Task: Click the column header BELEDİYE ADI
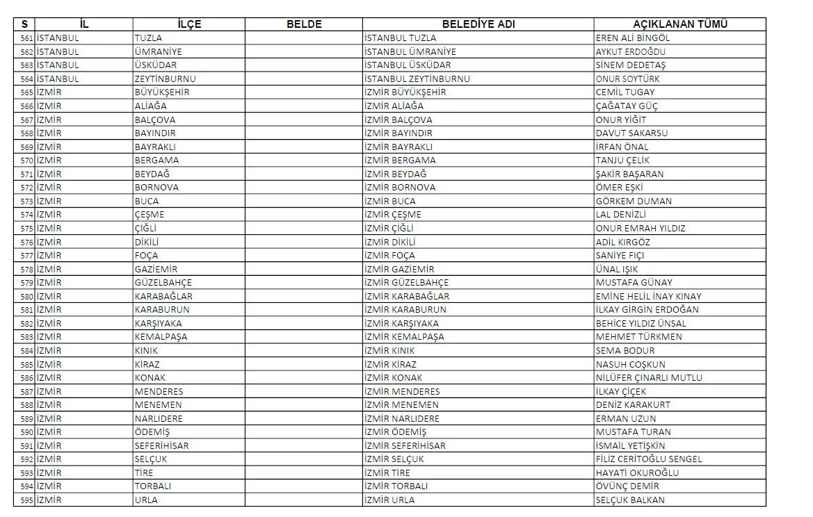pos(478,24)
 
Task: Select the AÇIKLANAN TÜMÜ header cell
pos(679,24)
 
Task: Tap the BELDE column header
pos(304,24)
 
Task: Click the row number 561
pos(27,38)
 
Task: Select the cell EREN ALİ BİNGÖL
pos(633,38)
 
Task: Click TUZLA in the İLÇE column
pos(148,38)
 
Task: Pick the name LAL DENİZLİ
pos(621,215)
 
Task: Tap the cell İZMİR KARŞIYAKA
pos(401,323)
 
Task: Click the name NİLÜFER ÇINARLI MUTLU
pos(649,378)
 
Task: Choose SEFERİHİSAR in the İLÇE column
pos(161,445)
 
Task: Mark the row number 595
pos(27,500)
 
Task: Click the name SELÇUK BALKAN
pos(630,500)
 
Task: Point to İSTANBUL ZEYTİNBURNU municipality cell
pos(417,79)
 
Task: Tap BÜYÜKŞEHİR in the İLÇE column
pos(162,92)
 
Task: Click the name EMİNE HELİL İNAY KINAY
pos(649,296)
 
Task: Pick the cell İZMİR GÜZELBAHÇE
pos(406,283)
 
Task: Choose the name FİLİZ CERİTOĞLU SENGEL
pos(649,459)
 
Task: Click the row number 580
pos(27,296)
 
